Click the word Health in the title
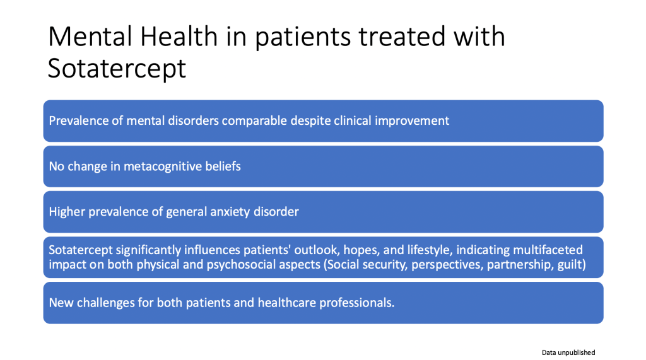coord(179,36)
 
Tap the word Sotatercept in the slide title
coord(117,68)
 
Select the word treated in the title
coord(402,36)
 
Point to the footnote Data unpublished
coord(568,352)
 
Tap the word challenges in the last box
coord(106,303)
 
